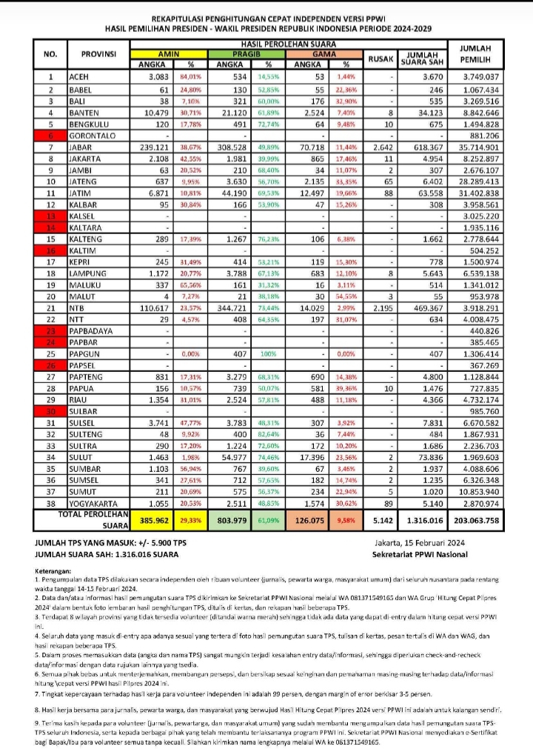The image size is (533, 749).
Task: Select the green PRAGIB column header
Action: (x=244, y=54)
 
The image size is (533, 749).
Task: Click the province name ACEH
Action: (x=78, y=77)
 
